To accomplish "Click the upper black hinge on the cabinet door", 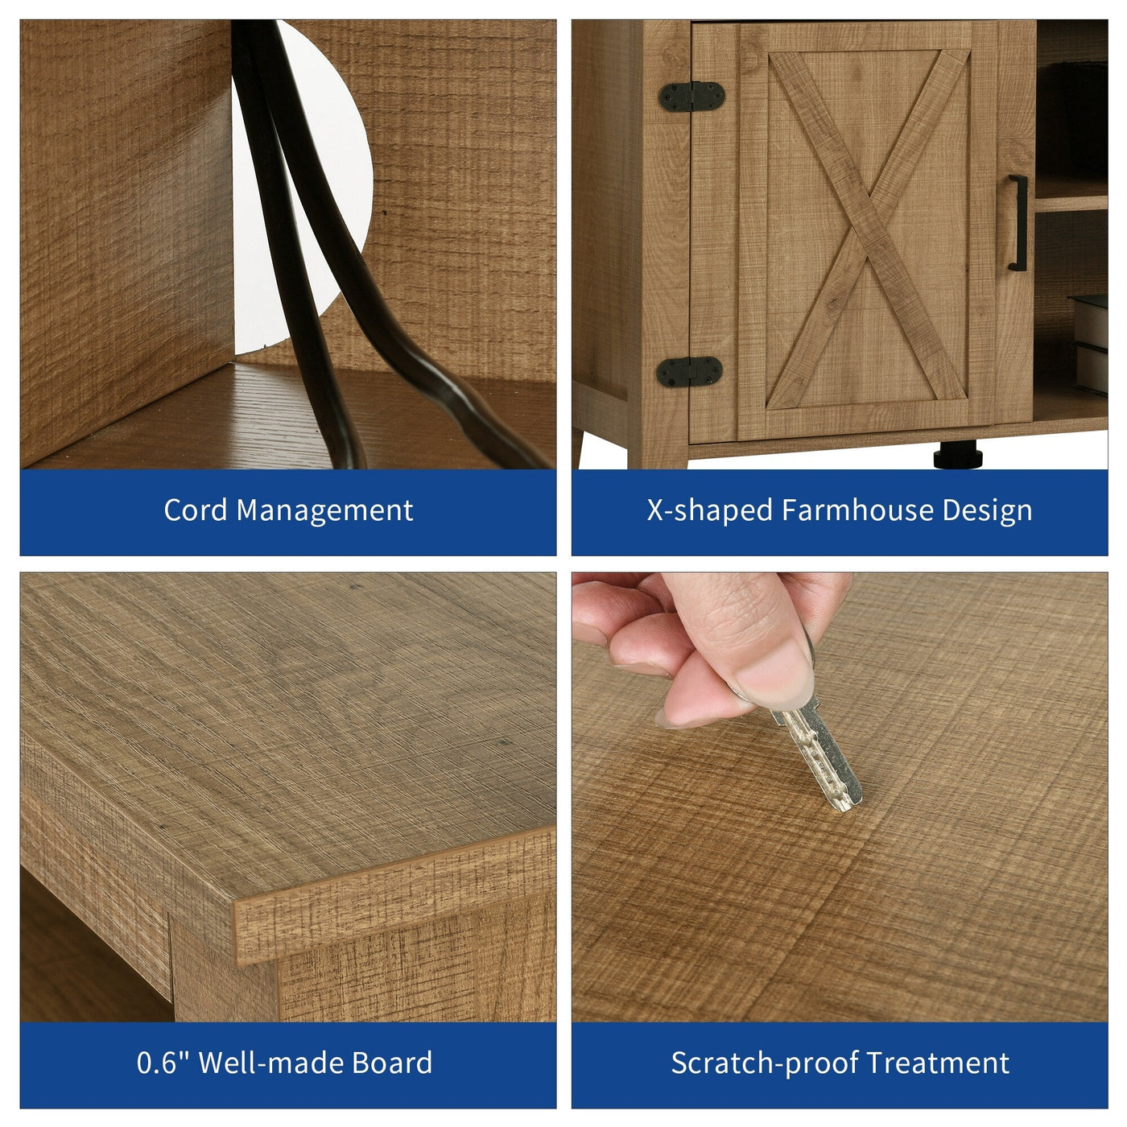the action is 691,97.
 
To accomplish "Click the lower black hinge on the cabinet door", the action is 689,371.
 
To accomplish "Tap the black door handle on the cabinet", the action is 1018,223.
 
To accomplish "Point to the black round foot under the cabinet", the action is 958,455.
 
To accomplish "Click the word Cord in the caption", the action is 196,510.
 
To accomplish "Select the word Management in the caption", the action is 324,510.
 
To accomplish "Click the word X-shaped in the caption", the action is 709,510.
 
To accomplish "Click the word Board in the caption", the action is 392,1063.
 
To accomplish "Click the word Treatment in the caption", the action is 938,1063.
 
